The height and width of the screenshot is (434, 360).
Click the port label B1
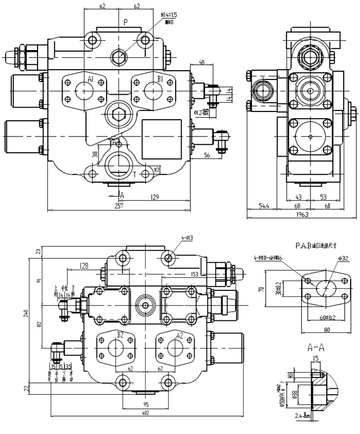click(x=160, y=79)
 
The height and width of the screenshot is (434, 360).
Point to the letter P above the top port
click(x=126, y=22)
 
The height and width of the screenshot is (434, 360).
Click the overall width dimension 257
click(x=119, y=206)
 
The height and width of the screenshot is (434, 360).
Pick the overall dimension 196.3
click(x=302, y=215)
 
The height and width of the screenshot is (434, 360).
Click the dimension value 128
click(x=84, y=265)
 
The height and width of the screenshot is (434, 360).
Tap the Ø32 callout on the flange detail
click(x=343, y=258)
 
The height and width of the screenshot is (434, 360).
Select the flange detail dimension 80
click(x=327, y=329)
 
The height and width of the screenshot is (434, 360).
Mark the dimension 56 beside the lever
click(x=207, y=156)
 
